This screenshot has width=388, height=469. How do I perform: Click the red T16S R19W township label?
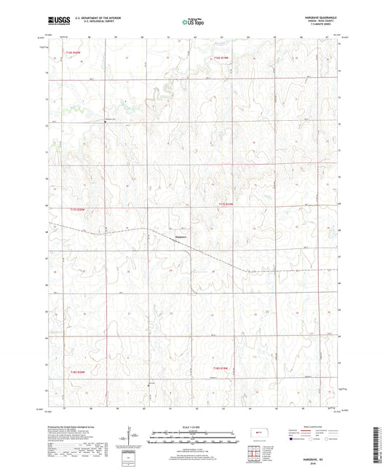click(221, 56)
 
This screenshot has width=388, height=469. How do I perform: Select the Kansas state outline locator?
click(260, 435)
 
